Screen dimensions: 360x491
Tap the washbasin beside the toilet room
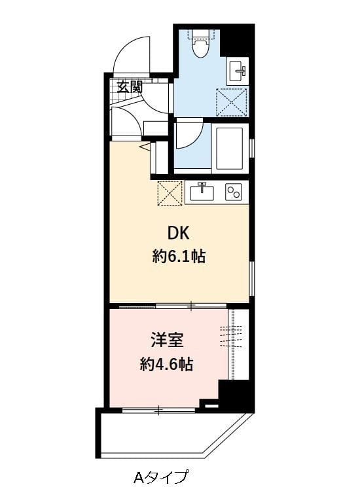click(x=238, y=71)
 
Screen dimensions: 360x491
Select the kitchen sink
click(x=202, y=192)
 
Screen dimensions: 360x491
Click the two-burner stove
click(x=234, y=192)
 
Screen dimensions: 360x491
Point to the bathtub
click(x=230, y=148)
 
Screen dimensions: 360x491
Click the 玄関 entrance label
click(x=130, y=86)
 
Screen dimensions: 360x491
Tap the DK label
click(x=179, y=233)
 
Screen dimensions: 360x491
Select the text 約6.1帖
click(x=179, y=257)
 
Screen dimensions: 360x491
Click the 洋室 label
click(x=167, y=340)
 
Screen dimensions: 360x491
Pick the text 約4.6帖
click(x=166, y=364)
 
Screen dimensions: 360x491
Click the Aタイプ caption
click(x=161, y=477)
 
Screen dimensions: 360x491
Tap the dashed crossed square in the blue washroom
click(x=232, y=101)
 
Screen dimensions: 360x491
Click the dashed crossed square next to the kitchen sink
click(x=170, y=194)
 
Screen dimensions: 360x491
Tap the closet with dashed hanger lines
click(x=238, y=344)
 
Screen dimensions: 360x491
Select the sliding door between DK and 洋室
click(x=173, y=306)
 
